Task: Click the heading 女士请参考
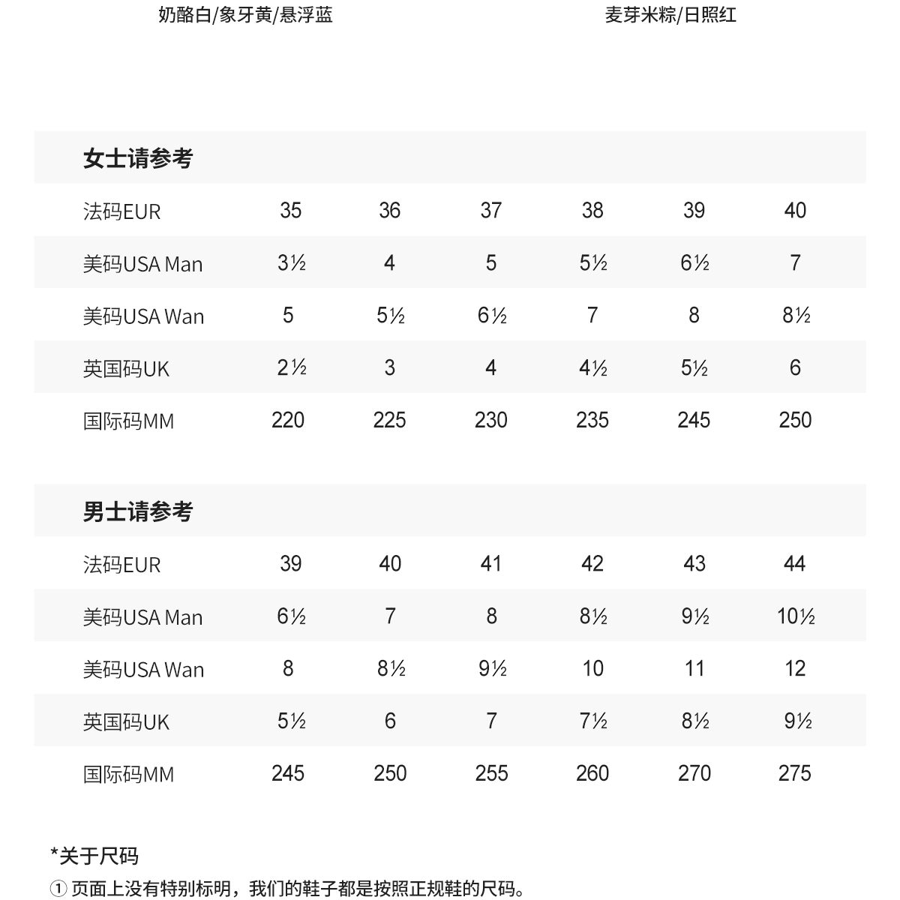click(138, 158)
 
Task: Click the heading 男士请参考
click(138, 511)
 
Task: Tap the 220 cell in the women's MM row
click(288, 420)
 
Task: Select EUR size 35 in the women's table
click(290, 210)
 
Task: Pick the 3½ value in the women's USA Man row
click(291, 262)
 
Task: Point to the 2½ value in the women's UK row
click(291, 367)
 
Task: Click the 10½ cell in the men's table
click(796, 616)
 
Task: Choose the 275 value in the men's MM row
click(795, 773)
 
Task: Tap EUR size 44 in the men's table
click(795, 563)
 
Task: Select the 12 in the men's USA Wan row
click(795, 668)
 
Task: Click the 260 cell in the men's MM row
click(592, 773)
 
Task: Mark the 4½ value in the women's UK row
click(592, 367)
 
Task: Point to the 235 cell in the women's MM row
click(592, 420)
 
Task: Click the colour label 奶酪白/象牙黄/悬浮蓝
click(245, 15)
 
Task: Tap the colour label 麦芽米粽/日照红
click(670, 15)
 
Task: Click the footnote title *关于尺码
click(94, 856)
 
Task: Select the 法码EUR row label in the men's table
click(121, 565)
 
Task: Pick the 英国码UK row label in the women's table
click(126, 369)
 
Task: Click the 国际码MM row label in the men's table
click(128, 775)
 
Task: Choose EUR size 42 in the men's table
click(592, 563)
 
